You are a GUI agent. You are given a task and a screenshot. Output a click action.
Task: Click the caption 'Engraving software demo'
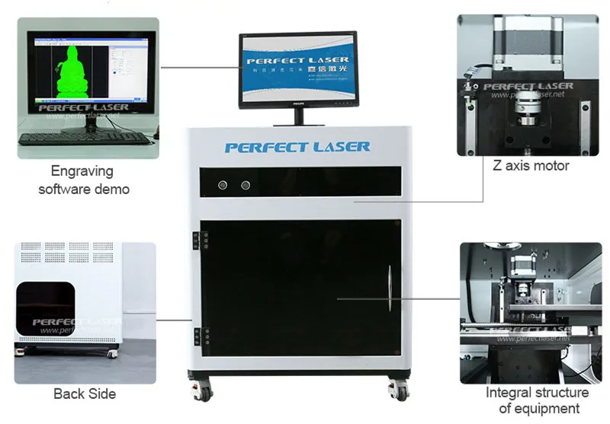coord(84,180)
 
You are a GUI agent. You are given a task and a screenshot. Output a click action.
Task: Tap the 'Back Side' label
coord(85,394)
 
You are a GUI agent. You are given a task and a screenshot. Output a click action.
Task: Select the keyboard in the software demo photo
coord(84,138)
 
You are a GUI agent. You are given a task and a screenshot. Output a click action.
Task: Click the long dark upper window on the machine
coord(300,182)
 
